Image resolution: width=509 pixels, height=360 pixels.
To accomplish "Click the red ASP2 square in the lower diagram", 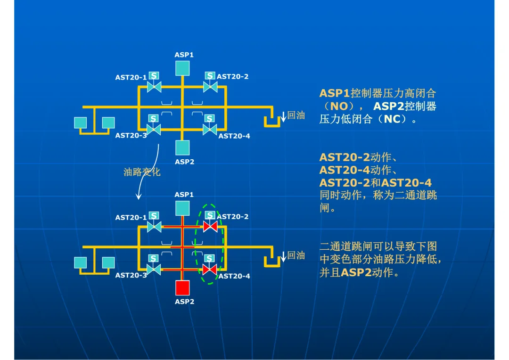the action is pyautogui.click(x=182, y=288).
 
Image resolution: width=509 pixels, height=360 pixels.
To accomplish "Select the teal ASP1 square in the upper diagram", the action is pyautogui.click(x=182, y=68).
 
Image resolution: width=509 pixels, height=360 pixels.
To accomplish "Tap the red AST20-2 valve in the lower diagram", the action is pyautogui.click(x=210, y=227).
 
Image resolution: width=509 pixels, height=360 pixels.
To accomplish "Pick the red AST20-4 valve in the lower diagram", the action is pyautogui.click(x=209, y=270).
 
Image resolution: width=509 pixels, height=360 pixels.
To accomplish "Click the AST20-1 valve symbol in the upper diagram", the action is pyautogui.click(x=154, y=87).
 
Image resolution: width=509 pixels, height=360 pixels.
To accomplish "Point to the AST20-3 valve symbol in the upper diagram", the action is pyautogui.click(x=154, y=130).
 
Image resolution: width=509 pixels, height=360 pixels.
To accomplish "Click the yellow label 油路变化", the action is pyautogui.click(x=142, y=172).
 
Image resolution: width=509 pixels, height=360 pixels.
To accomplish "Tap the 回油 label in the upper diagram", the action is pyautogui.click(x=296, y=115).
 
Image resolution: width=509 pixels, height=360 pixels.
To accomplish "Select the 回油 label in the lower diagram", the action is pyautogui.click(x=296, y=255).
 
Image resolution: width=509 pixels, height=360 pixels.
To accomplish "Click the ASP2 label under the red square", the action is pyautogui.click(x=184, y=302).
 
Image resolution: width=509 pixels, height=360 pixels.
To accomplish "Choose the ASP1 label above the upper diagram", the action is pyautogui.click(x=184, y=55).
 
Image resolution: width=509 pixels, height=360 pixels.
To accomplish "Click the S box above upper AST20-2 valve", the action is pyautogui.click(x=210, y=76).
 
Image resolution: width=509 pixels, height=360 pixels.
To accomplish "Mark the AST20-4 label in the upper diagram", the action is pyautogui.click(x=234, y=136).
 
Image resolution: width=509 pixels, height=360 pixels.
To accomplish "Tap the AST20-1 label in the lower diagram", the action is pyautogui.click(x=131, y=218).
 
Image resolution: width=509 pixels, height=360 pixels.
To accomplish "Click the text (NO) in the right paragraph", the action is pyautogui.click(x=339, y=106).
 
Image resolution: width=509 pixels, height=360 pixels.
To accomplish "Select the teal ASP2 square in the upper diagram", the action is pyautogui.click(x=182, y=147).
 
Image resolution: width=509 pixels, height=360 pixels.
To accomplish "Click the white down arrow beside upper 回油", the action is pyautogui.click(x=283, y=116).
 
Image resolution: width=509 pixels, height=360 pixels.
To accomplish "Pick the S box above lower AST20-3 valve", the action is pyautogui.click(x=153, y=258).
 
